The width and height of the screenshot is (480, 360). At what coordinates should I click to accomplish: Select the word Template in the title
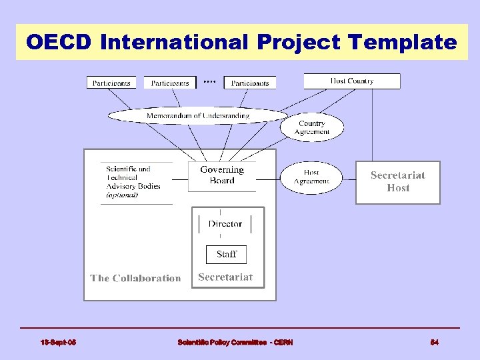[402, 43]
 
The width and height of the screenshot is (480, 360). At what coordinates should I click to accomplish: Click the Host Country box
[352, 81]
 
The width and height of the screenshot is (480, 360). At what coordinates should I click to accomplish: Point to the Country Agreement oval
[311, 127]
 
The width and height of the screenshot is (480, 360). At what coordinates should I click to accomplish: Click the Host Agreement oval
[311, 177]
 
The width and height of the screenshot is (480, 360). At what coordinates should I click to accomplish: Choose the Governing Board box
[222, 175]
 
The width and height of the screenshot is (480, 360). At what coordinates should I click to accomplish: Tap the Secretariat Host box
[398, 182]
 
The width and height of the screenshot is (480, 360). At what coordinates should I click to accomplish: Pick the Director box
[225, 224]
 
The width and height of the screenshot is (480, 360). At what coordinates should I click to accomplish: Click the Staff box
[226, 254]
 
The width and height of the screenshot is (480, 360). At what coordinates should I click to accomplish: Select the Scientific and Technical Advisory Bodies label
[133, 178]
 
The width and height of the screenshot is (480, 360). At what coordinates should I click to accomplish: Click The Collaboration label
[135, 278]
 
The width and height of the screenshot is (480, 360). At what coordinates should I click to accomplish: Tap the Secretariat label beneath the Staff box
[225, 277]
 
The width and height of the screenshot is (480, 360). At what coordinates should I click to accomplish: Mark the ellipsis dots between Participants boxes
[209, 81]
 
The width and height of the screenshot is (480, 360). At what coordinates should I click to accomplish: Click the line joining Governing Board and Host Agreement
[268, 179]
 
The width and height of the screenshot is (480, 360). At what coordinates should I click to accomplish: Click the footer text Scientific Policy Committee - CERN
[235, 343]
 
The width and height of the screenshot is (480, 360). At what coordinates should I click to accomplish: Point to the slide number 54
[434, 343]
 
